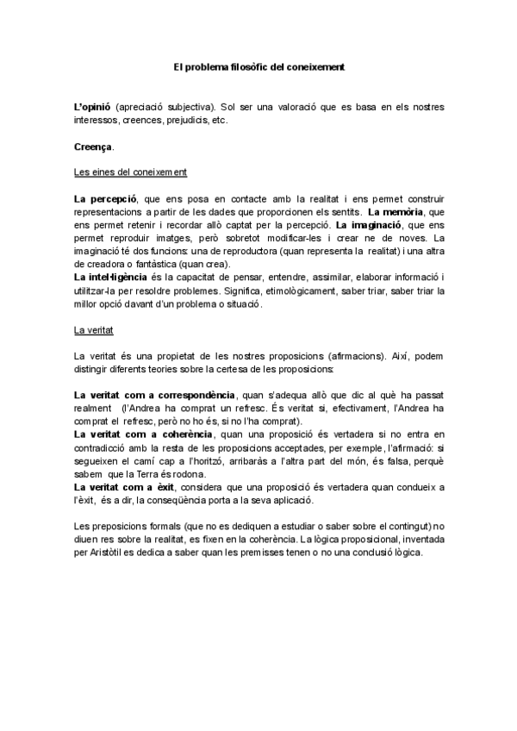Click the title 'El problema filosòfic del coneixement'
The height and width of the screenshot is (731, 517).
pyautogui.click(x=258, y=65)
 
